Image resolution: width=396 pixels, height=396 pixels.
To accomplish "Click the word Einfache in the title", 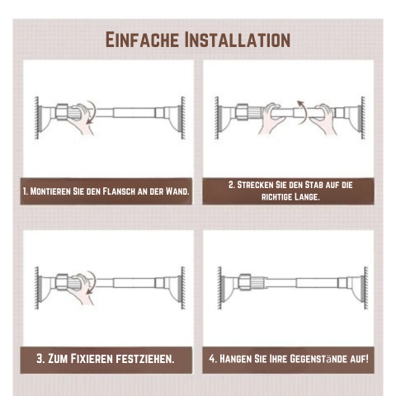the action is coord(142,40).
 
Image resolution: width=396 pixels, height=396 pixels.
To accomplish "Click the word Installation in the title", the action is coord(238,40).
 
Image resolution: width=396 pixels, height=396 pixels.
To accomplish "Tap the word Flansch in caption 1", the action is coord(119,191).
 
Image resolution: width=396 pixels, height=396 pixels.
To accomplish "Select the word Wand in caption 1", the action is coord(177,191).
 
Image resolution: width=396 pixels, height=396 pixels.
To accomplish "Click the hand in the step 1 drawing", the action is coord(82,119).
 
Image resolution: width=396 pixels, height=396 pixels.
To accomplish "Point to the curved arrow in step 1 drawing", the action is coord(92,113).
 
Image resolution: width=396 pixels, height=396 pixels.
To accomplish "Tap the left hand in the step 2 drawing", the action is coord(271,119).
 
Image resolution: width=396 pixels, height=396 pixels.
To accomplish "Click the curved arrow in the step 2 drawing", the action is coord(304,113).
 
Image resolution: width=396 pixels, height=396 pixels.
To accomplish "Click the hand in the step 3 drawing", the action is coord(82,289).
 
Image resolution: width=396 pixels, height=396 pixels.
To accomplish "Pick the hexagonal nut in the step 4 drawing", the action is coord(245,282).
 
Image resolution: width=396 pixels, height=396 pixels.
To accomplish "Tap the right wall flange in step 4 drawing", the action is coord(358,287).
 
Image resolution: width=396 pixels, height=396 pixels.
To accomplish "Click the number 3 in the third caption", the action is coord(40,359).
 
